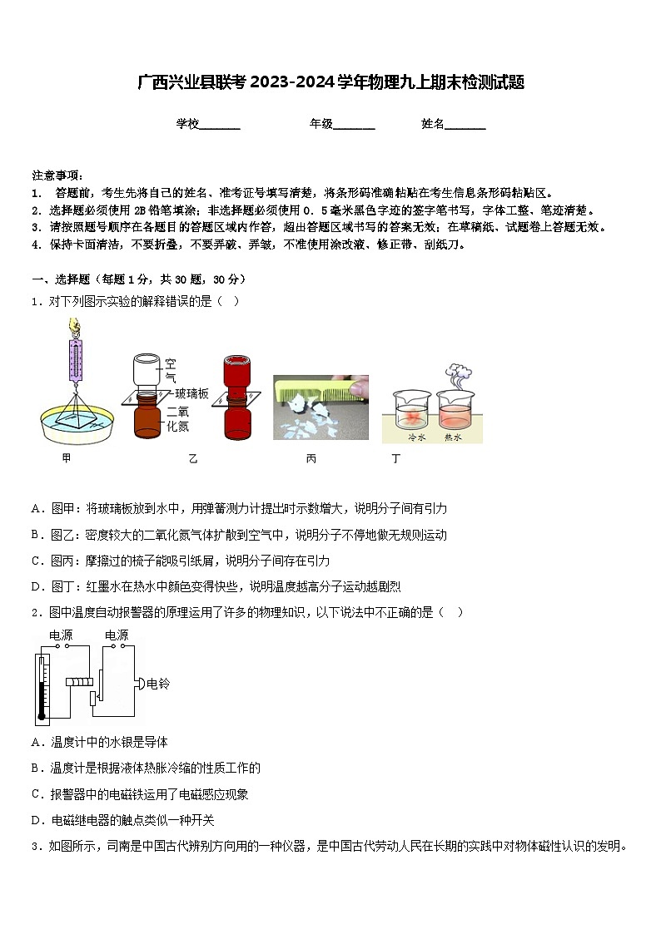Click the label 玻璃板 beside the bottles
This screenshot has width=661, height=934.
click(191, 393)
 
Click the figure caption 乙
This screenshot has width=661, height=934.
click(193, 458)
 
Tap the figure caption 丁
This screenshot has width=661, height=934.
click(396, 458)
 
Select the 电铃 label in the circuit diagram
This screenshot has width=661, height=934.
click(158, 684)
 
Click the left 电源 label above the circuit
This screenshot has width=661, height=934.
click(61, 635)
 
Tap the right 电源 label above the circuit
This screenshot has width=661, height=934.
click(117, 635)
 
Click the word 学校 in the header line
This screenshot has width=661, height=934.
click(187, 124)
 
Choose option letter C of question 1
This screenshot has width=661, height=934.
click(37, 561)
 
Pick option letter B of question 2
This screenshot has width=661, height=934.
click(37, 768)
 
